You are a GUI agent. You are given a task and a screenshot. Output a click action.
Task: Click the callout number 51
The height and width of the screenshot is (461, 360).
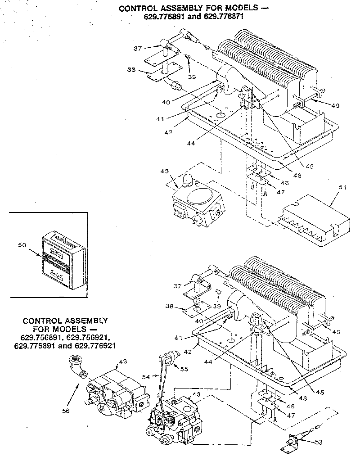click(x=343, y=188)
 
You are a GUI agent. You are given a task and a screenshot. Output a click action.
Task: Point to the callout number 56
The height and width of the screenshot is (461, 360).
click(x=66, y=411)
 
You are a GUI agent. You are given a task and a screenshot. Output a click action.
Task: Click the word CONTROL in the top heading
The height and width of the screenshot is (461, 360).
click(x=138, y=8)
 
